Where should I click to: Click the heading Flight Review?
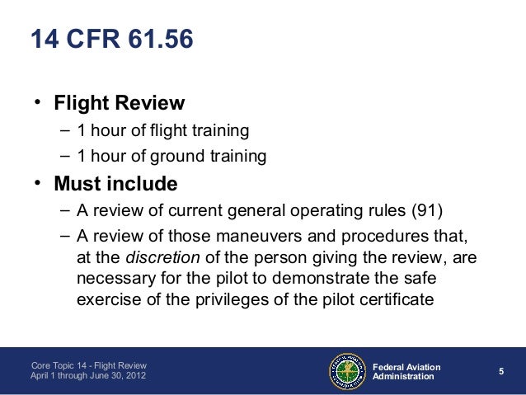(119, 105)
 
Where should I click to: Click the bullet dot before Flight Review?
(37, 105)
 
